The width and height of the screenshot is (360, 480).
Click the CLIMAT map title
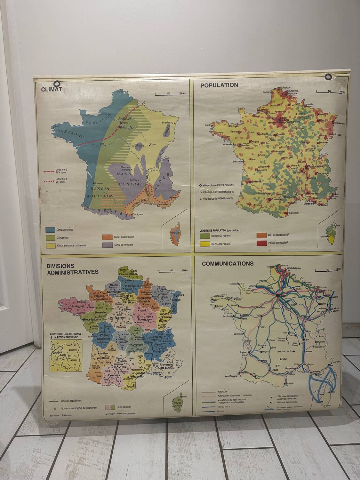pyautogui.click(x=51, y=89)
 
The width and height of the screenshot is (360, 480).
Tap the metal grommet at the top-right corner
pyautogui.click(x=328, y=77)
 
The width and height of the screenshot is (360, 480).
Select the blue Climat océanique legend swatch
pyautogui.click(x=49, y=230)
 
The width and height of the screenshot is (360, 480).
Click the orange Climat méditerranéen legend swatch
pyautogui.click(x=107, y=237)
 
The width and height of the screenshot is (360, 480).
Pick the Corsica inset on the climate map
pyautogui.click(x=175, y=232)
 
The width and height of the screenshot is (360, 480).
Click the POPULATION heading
pyautogui.click(x=219, y=85)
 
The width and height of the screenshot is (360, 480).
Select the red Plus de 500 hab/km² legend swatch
pyautogui.click(x=261, y=243)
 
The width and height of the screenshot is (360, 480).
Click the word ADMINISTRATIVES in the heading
pyautogui.click(x=73, y=272)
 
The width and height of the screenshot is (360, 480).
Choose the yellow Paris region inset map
pyautogui.click(x=66, y=356)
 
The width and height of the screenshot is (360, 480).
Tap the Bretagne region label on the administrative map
pyautogui.click(x=77, y=306)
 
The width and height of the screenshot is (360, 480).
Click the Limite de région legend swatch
pyautogui.click(x=109, y=407)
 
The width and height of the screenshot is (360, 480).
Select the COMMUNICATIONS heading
pyautogui.click(x=228, y=264)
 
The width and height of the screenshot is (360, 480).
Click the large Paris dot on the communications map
pyautogui.click(x=278, y=296)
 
